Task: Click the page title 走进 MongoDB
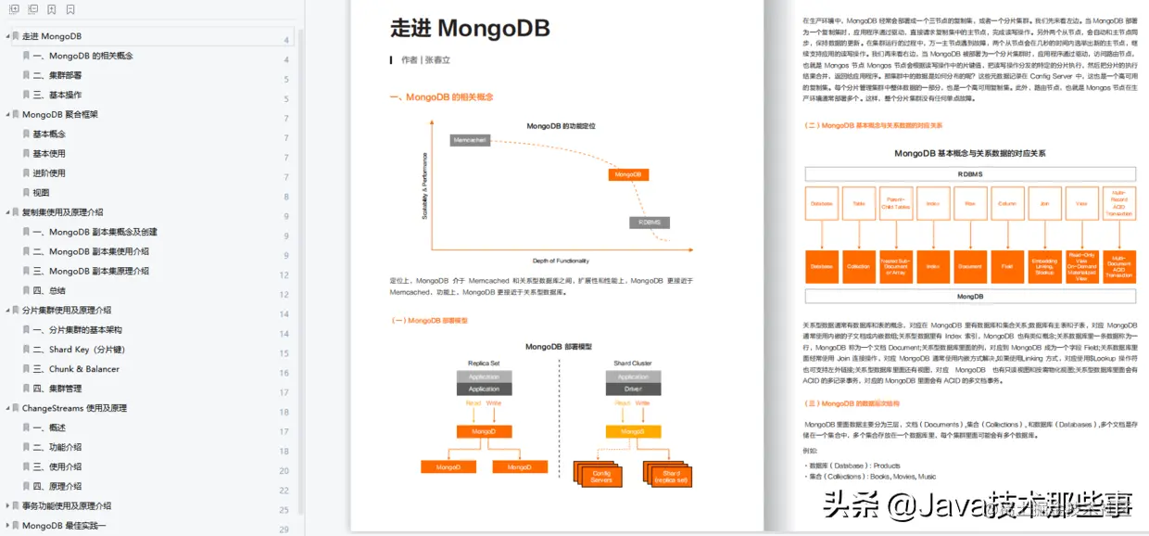coord(470,28)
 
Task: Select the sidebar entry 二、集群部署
coord(57,75)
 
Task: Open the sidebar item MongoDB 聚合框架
coord(60,114)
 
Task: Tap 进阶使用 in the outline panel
coord(49,172)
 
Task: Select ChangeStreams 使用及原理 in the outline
coord(74,408)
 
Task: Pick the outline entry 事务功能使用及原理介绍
coord(67,505)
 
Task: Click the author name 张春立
coord(437,60)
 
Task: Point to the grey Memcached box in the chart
coord(470,140)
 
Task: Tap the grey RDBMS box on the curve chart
coord(649,223)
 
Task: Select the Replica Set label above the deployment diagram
coord(484,364)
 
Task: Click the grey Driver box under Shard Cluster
coord(633,389)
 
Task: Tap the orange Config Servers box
coord(601,476)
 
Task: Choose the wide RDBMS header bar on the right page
coord(970,174)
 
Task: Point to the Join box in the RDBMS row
coord(1044,202)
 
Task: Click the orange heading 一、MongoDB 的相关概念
coord(441,97)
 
